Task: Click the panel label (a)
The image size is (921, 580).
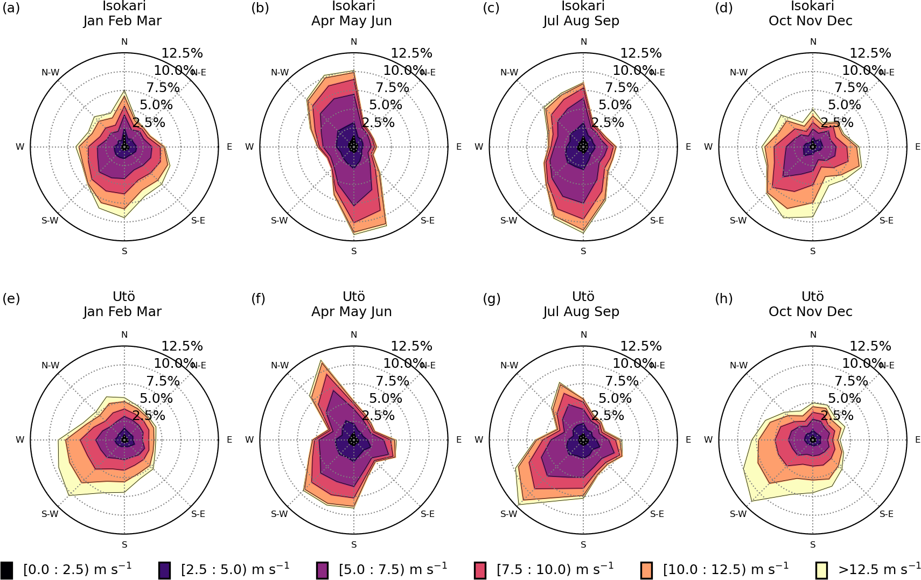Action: click(11, 8)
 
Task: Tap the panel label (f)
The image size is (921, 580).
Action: click(258, 298)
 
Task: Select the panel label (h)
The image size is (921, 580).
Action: click(723, 298)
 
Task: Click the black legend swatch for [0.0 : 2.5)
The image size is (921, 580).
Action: click(6, 570)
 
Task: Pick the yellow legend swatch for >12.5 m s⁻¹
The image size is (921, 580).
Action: click(821, 570)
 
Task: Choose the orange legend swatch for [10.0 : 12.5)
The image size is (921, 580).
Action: click(646, 570)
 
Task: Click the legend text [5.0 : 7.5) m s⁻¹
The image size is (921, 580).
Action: click(393, 569)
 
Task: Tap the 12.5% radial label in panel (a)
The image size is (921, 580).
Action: click(182, 53)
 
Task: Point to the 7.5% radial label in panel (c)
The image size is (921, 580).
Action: click(622, 88)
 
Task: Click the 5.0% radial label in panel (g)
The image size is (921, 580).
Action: click(615, 399)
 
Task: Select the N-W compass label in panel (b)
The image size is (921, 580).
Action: click(280, 73)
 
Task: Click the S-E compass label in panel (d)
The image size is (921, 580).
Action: click(886, 220)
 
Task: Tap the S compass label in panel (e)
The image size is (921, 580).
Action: click(124, 544)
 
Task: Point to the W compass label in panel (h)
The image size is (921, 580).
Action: click(708, 440)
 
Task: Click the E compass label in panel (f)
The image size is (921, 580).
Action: click(459, 440)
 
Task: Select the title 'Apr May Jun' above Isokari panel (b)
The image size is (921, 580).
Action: click(351, 21)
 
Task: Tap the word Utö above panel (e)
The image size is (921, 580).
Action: click(124, 297)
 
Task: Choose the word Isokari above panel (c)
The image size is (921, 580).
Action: click(583, 6)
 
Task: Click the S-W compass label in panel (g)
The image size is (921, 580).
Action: click(509, 514)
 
